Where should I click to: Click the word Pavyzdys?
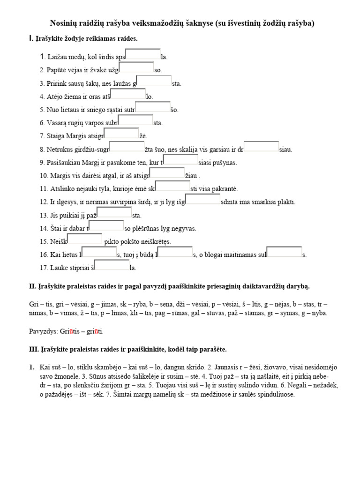(x=43, y=331)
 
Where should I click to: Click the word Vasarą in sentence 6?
(x=58, y=123)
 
